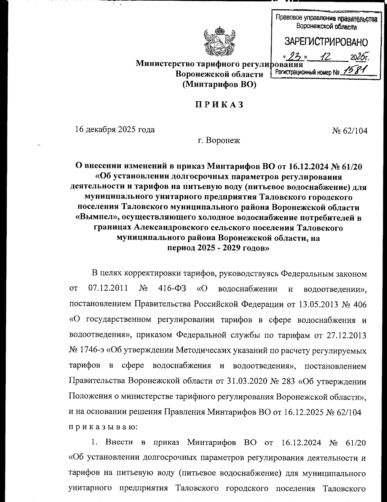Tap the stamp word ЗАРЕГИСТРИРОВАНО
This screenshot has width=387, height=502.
coord(326,42)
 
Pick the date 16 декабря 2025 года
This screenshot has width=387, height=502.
coord(115,130)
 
